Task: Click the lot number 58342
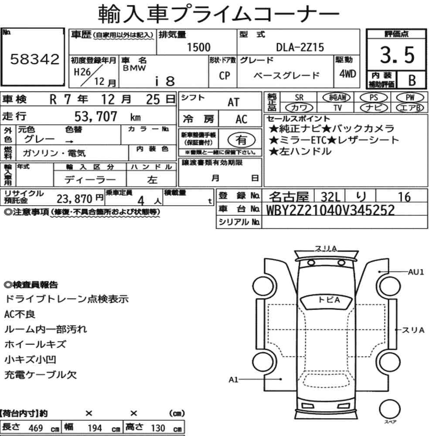click(35, 59)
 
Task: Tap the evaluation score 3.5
click(397, 55)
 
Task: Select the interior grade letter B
click(412, 80)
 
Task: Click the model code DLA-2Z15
click(300, 47)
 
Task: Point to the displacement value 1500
click(198, 47)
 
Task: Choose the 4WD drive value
click(347, 74)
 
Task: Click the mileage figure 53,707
click(95, 116)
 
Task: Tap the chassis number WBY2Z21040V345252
click(330, 210)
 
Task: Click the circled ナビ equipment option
click(374, 108)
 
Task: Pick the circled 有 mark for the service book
click(241, 140)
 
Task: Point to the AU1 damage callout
click(416, 272)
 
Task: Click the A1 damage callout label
click(234, 380)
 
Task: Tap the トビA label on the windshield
click(329, 300)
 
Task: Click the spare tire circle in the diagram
click(390, 409)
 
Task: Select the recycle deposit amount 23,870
click(74, 199)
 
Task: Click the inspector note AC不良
click(20, 314)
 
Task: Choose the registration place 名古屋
click(289, 197)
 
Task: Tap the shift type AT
click(233, 102)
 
